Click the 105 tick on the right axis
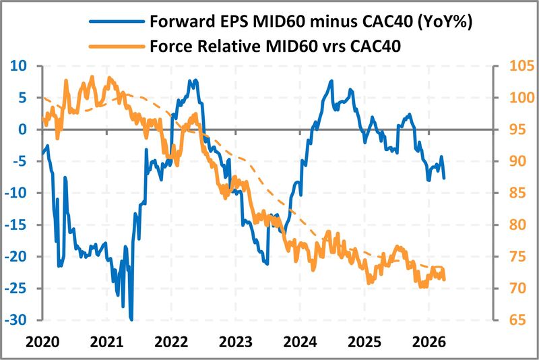516,66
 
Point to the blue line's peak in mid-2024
331,81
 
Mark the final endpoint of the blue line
444,177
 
